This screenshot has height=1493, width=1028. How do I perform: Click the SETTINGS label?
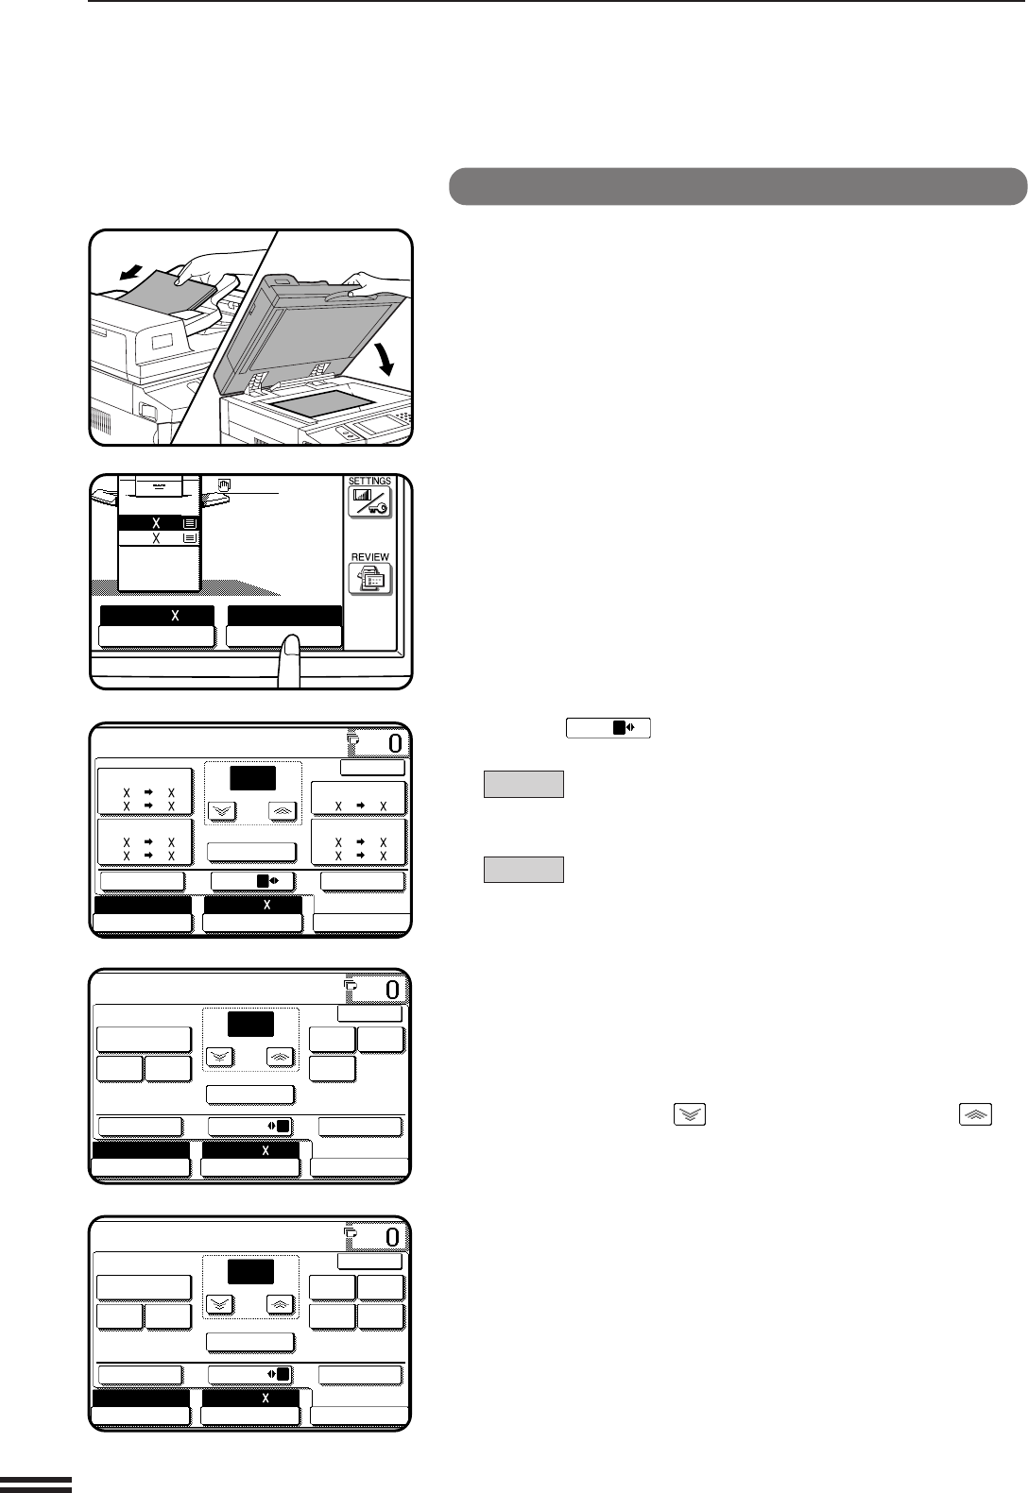tap(369, 481)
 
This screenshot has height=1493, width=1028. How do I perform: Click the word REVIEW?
tap(370, 557)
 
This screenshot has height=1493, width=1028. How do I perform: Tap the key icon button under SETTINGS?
tap(369, 502)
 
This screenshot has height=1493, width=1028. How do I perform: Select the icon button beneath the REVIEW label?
tap(370, 579)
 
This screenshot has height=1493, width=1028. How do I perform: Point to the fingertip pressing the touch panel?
tap(289, 650)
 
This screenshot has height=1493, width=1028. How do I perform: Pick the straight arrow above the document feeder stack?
tap(131, 272)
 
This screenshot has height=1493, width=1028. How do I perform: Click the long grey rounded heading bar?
tap(738, 187)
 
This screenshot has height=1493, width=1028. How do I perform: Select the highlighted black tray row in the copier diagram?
tap(159, 523)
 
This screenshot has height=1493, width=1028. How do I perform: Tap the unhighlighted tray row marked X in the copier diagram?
tap(159, 538)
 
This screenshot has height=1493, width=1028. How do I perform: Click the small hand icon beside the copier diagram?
tap(224, 485)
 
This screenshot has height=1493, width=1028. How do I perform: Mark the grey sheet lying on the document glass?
tap(320, 404)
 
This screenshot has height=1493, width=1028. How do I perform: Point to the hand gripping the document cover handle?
tap(366, 283)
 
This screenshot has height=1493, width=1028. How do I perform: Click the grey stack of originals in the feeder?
tap(176, 289)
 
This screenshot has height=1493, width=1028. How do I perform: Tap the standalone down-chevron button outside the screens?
tap(690, 1114)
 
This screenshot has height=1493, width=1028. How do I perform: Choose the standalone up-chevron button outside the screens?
tap(975, 1114)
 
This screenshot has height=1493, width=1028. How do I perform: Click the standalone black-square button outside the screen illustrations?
tap(608, 728)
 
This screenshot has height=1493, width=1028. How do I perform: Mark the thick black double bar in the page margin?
tap(36, 1485)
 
